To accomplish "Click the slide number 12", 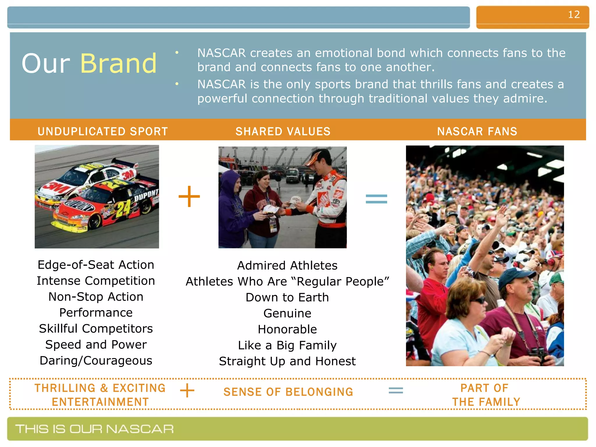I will coord(574,15).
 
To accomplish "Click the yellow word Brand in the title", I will coord(118,63).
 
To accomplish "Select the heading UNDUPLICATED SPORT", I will coord(103,132).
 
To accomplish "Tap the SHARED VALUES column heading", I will coord(283,132).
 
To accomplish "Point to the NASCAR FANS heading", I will coord(477,132).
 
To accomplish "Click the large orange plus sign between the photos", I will coord(189,197).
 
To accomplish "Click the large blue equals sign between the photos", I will coord(376,199).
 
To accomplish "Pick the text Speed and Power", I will coord(96,345).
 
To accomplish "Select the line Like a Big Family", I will coord(287,345).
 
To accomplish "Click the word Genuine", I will coord(287,313).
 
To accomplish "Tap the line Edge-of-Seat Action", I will coord(96,265).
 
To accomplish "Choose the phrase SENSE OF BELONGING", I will coord(288,392).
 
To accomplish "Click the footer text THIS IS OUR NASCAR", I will coord(95,429).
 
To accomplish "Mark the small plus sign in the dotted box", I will coord(187,391).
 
